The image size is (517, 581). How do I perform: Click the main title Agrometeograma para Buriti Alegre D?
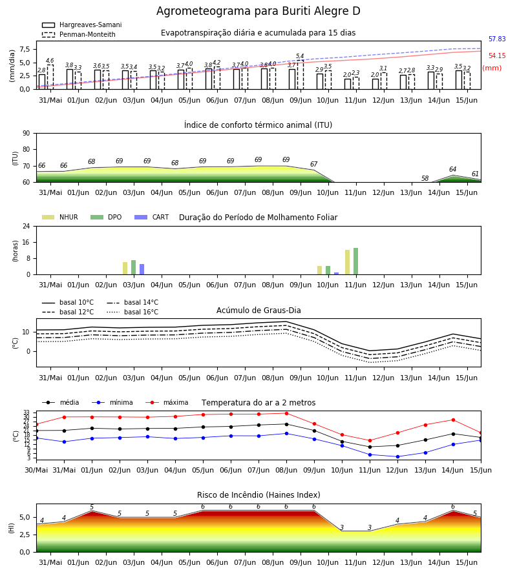point(258,11)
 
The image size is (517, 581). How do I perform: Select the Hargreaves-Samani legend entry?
point(82,25)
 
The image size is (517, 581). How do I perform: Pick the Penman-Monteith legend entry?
point(79,34)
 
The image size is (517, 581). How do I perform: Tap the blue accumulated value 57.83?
point(497,39)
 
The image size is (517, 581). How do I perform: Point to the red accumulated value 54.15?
point(497,56)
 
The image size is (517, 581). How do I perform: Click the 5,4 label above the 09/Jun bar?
point(300,56)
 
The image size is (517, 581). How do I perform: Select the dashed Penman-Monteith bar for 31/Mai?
point(50,77)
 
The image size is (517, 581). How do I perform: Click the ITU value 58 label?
point(425,178)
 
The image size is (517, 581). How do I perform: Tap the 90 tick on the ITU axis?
point(26,134)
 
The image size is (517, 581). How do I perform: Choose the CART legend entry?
point(152,217)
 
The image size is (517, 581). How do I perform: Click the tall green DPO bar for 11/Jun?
point(355,261)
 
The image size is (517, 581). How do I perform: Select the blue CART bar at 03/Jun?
point(142,269)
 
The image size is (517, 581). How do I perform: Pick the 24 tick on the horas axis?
point(26,226)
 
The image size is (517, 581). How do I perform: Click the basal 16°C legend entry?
point(132,312)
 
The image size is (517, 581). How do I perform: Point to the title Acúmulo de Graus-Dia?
point(258,311)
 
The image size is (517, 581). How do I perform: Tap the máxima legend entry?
point(167,402)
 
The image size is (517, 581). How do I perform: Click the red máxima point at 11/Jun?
point(370,440)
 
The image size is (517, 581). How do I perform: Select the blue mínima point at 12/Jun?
point(397,456)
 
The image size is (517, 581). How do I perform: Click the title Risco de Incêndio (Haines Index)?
point(258,495)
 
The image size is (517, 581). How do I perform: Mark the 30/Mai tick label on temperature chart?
point(36,470)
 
